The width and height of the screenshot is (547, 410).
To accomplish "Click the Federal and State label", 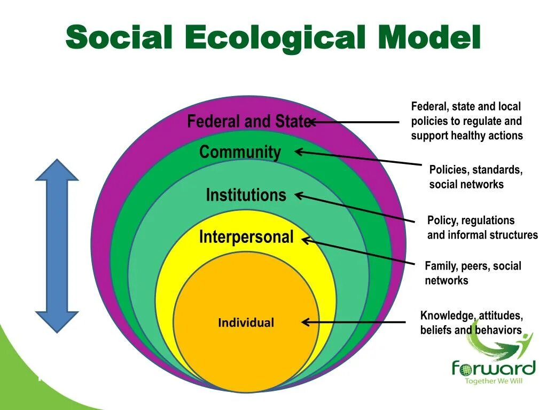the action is coord(248,122).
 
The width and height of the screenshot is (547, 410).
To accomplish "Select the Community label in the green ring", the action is coord(240,153).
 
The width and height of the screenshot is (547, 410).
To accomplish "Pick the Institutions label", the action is coord(246,195).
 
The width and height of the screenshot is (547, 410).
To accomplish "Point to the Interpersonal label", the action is coord(246,236).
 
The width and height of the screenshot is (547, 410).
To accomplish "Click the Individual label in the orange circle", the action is coord(246,322).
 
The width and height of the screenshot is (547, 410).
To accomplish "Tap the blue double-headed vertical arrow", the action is coord(57,246).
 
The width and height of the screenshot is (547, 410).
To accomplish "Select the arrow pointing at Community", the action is coord(358,157).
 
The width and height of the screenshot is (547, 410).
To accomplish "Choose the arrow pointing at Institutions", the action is coord(355,208).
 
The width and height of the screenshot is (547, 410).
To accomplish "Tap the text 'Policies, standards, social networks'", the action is coord(475,177).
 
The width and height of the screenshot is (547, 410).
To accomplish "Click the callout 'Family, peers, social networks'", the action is coord(473,273).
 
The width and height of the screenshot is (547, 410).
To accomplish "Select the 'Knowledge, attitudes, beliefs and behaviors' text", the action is coord(471,322).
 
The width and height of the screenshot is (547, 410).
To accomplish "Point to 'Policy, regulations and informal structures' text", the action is coord(482,227).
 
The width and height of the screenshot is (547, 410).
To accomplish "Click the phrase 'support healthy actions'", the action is coord(467,136).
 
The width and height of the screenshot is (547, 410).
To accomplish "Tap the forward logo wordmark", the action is coord(493,368).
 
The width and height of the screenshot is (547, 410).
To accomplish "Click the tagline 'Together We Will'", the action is coord(493,381).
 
